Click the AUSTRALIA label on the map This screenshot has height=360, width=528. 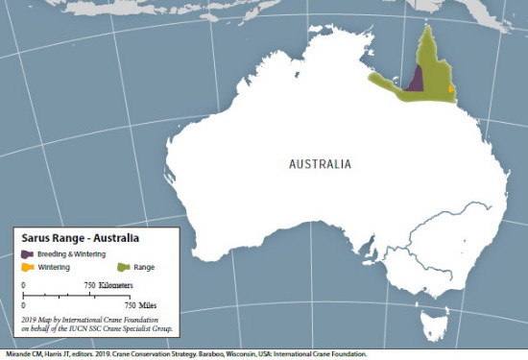320,164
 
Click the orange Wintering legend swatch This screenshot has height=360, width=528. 28,267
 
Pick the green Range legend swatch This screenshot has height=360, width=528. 122,267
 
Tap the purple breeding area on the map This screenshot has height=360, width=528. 416,78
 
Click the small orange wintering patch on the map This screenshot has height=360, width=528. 451,88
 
